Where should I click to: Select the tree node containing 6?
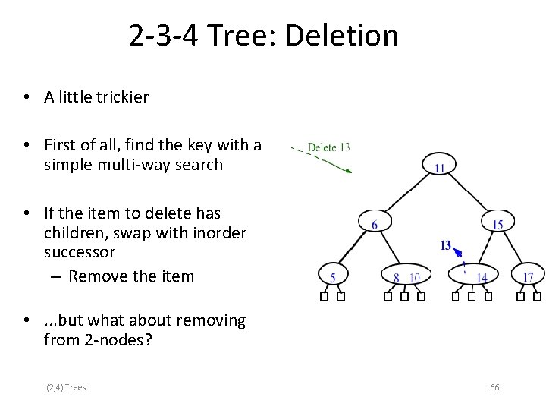coord(375,222)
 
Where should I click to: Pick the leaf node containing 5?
coord(332,276)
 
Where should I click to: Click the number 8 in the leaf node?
coord(396,278)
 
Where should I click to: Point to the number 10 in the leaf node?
coord(414,278)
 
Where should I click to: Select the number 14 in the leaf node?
coord(482,278)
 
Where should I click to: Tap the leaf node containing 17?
coord(529,276)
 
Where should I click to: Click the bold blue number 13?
coord(446,244)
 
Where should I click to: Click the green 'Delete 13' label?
coord(328,147)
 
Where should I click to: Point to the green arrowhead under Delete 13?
coord(347,172)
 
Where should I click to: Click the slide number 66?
coord(494,387)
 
